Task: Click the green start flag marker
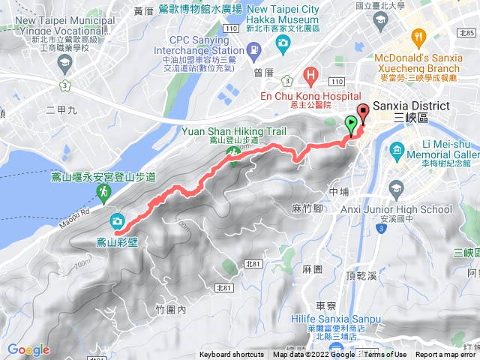(x=351, y=124)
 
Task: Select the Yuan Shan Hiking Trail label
(x=223, y=130)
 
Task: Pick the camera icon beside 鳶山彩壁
(x=117, y=220)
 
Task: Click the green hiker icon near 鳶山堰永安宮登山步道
(x=103, y=193)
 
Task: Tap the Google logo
(x=28, y=349)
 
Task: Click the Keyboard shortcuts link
(x=232, y=355)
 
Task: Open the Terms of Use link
(x=385, y=355)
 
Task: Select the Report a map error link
(x=447, y=355)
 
